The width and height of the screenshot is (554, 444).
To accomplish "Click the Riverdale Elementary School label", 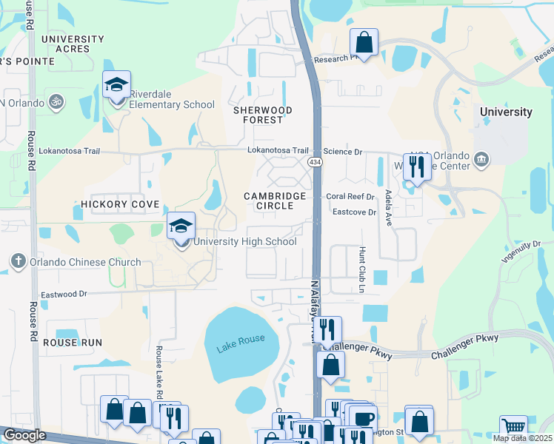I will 172,99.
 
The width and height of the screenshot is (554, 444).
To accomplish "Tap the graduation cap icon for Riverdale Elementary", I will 117,86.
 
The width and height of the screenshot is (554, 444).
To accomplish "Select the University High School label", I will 246,242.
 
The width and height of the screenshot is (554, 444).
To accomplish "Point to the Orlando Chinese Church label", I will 85,262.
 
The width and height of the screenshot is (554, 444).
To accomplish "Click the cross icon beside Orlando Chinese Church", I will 19,261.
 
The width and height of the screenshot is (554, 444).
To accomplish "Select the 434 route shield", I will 316,161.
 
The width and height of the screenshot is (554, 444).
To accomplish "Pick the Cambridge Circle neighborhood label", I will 276,201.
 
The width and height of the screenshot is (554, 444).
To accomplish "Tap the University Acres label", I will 73,44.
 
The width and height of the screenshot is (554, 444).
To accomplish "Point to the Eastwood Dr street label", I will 64,295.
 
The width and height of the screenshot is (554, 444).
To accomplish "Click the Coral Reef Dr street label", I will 350,197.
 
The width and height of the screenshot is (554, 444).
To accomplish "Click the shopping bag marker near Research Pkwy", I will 364,44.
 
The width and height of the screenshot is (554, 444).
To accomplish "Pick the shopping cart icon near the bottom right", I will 513,428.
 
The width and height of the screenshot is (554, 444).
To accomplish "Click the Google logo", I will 24,435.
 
